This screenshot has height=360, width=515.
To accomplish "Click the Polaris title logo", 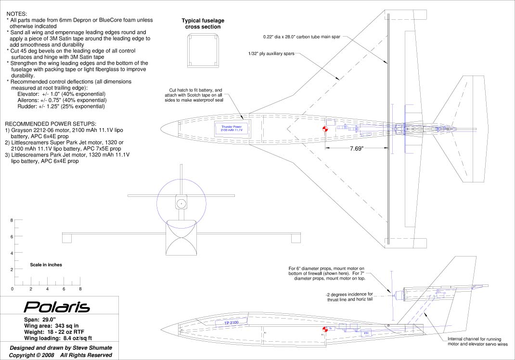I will coord(57,307).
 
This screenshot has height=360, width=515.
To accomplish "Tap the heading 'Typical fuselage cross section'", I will coord(203,24).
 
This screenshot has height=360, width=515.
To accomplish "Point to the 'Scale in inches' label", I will coord(46,265).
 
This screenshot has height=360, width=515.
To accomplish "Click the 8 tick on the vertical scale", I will coord(12,220).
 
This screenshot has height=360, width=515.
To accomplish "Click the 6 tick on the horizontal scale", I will coord(64,289).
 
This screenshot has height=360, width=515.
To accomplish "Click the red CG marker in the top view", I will coord(324,129).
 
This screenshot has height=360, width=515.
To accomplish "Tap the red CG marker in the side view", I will coord(324,329).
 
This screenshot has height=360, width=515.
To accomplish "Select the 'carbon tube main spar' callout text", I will coord(302,37).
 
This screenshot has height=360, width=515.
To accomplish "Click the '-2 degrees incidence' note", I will coord(349,296).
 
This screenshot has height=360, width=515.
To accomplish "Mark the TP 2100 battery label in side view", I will coord(232,323).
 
